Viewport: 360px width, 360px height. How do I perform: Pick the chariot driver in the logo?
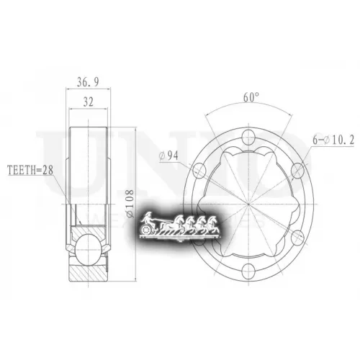point(149,218)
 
